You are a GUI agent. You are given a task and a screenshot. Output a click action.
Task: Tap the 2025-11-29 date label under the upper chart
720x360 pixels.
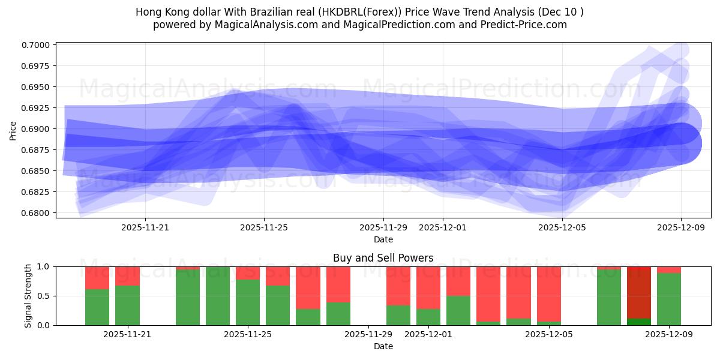383,227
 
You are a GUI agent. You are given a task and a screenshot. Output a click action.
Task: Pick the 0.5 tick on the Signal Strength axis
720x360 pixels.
45,296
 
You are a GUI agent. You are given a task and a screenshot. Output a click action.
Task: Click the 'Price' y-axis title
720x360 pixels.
13,130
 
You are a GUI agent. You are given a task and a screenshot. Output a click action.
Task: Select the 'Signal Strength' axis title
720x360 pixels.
28,296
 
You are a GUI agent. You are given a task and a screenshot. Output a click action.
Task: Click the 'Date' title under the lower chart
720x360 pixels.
383,346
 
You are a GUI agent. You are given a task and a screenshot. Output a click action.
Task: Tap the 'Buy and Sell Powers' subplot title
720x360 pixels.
383,258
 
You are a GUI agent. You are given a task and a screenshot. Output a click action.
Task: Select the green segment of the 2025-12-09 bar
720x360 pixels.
669,299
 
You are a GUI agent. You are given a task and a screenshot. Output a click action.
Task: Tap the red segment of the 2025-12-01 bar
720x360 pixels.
428,287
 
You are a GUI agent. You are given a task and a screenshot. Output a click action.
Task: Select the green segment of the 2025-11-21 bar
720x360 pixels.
127,305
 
